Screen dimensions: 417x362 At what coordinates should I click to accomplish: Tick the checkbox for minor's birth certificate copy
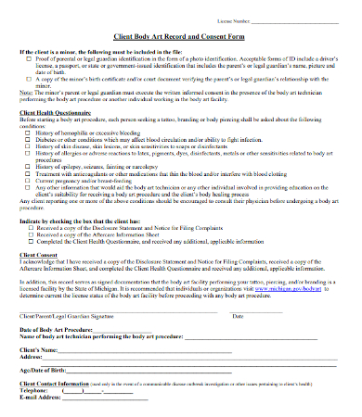[26, 81]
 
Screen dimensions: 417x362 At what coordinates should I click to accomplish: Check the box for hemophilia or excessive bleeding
[27, 133]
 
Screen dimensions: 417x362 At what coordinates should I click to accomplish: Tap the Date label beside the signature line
[238, 316]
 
